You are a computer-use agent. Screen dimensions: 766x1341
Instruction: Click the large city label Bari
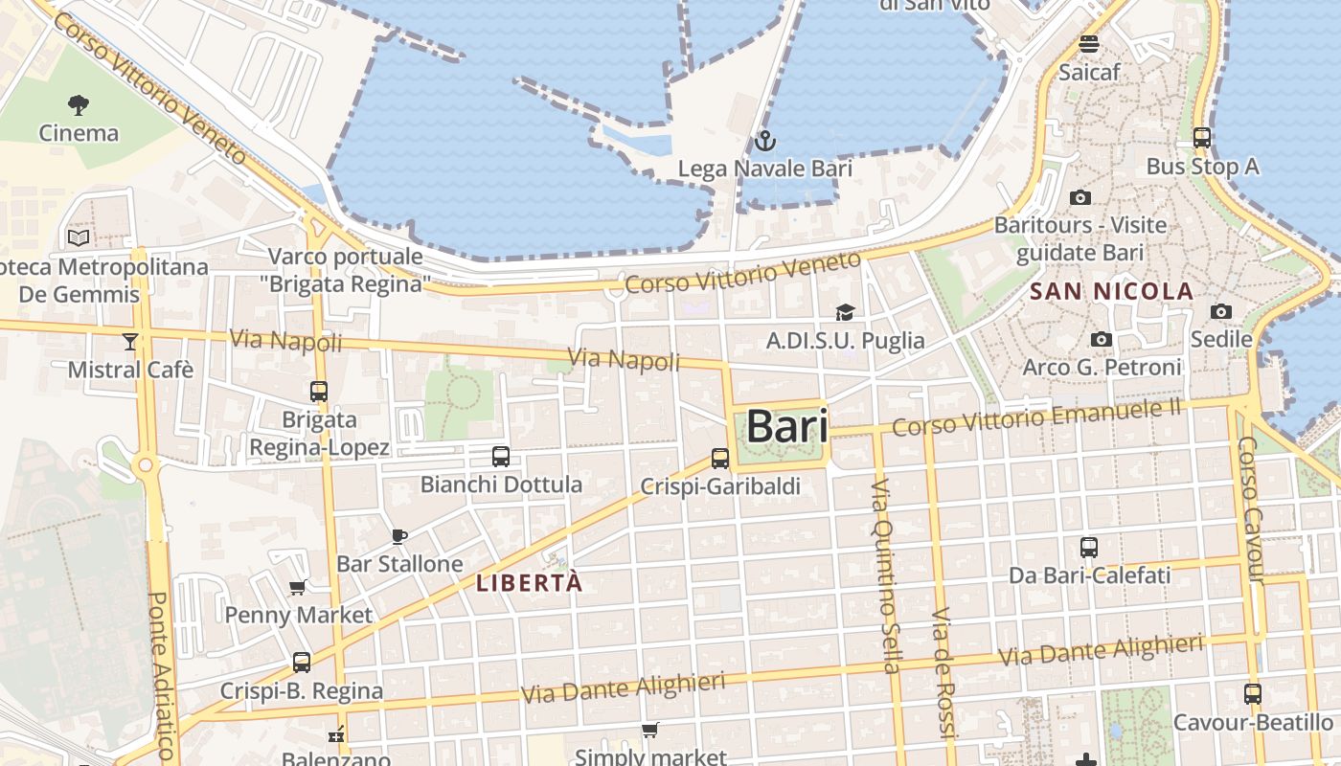pyautogui.click(x=787, y=426)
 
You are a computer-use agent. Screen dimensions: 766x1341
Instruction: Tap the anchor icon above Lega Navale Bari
pyautogui.click(x=764, y=142)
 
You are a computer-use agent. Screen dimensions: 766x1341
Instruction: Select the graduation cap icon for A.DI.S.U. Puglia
pyautogui.click(x=845, y=312)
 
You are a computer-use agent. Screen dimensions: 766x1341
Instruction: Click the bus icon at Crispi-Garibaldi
pyautogui.click(x=720, y=459)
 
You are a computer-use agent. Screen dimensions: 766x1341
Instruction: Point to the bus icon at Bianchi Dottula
pyautogui.click(x=500, y=457)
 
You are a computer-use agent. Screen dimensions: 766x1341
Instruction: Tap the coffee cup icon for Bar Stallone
pyautogui.click(x=399, y=536)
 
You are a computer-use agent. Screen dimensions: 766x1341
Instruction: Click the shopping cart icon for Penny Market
pyautogui.click(x=298, y=587)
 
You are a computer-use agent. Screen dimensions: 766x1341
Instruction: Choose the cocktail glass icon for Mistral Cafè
pyautogui.click(x=130, y=341)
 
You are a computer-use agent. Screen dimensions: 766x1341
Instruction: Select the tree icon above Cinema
pyautogui.click(x=79, y=103)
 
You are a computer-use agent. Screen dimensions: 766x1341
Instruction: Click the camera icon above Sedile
pyautogui.click(x=1220, y=311)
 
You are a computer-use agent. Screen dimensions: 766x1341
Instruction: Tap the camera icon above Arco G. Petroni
pyautogui.click(x=1102, y=339)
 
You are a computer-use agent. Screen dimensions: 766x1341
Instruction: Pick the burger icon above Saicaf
pyautogui.click(x=1088, y=44)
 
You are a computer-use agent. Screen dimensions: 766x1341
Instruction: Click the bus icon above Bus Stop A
pyautogui.click(x=1202, y=138)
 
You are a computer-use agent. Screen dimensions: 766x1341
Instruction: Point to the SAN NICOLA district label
pyautogui.click(x=1111, y=291)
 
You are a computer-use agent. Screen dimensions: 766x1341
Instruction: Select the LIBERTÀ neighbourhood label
pyautogui.click(x=529, y=582)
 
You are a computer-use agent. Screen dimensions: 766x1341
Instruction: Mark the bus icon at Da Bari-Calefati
pyautogui.click(x=1089, y=548)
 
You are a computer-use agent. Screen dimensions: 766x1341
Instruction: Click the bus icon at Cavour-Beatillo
pyautogui.click(x=1252, y=694)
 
